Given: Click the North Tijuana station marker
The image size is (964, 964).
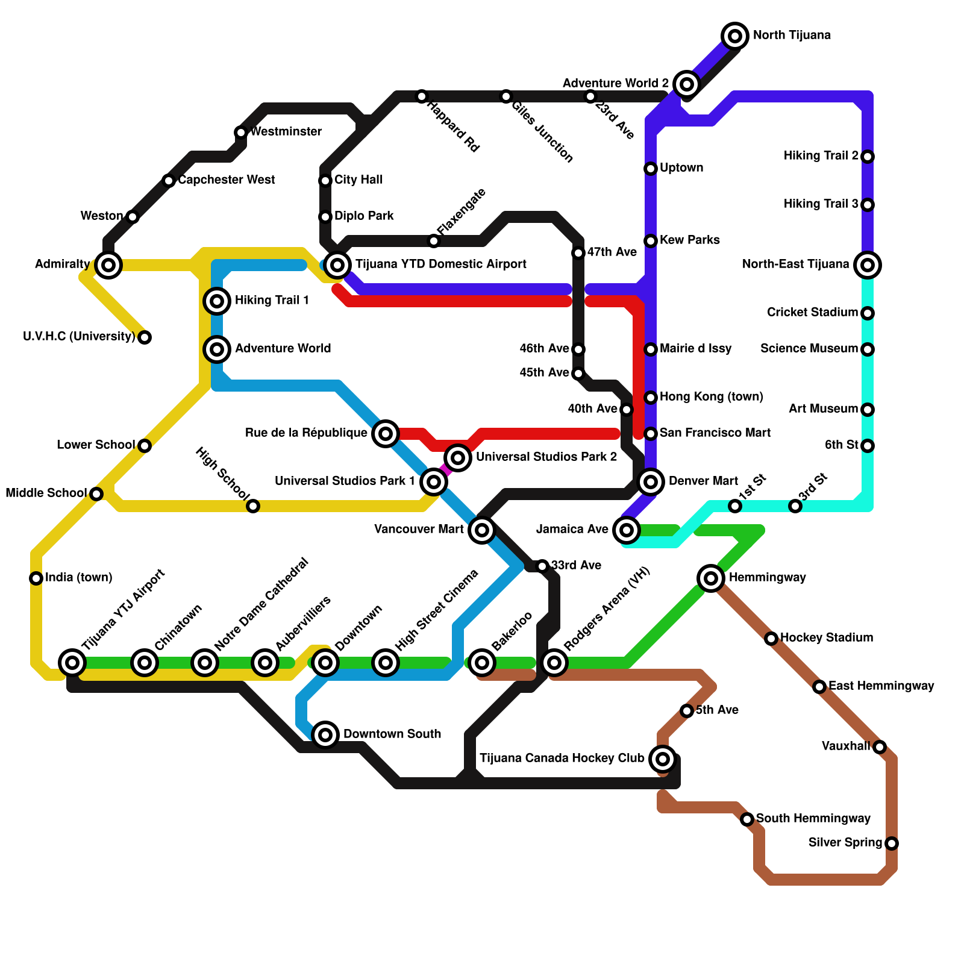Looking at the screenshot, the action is tap(734, 36).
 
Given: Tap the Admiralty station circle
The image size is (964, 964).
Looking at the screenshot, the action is tap(108, 264).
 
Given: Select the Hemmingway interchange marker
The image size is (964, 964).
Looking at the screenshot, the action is tap(711, 578).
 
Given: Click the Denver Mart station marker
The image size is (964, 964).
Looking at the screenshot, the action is tap(651, 481).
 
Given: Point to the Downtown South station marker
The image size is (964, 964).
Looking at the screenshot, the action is tap(325, 734).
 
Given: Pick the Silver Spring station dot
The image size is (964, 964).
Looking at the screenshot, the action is tap(892, 843).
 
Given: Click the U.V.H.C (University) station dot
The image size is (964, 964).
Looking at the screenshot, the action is tap(145, 337).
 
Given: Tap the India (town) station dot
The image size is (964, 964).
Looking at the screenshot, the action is tap(36, 578).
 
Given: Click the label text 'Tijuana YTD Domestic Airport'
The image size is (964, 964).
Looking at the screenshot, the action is tap(440, 264).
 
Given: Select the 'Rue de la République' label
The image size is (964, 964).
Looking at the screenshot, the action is tap(306, 433).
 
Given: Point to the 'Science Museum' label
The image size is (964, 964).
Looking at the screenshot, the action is tap(809, 349).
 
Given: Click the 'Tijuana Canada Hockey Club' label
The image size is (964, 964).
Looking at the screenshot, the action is tap(562, 758).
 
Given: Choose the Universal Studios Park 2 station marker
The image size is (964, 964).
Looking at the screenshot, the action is tap(458, 458).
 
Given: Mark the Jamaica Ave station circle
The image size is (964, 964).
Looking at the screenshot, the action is tap(627, 530).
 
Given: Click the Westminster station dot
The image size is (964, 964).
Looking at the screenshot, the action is tap(241, 133).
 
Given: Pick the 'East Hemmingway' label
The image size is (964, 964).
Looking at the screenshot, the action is tap(881, 686).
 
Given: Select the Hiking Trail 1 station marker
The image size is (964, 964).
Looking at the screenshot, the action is tap(217, 301).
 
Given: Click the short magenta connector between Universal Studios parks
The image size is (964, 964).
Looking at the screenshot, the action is tap(445, 469).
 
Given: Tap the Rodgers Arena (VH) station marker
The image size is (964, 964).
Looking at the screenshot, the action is tap(554, 663).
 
